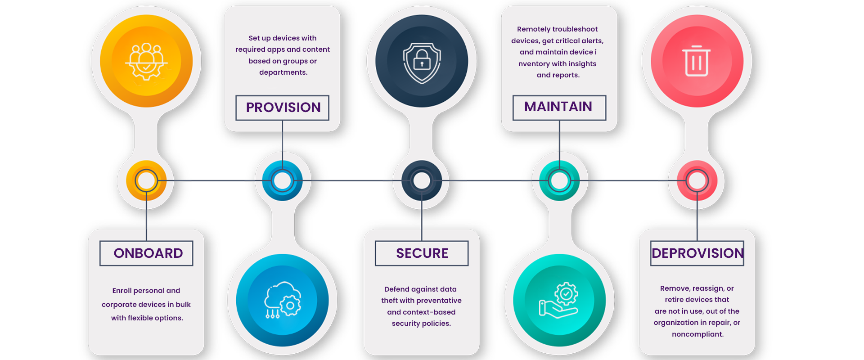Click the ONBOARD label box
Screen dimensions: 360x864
coord(146,253)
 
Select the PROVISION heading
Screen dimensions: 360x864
coord(283,108)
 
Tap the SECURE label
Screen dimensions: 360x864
coord(422,253)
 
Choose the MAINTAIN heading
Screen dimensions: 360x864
coord(559,107)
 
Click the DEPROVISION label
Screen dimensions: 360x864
coord(697,253)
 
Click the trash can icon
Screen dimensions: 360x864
coord(696,61)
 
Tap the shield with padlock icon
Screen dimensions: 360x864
coord(422,63)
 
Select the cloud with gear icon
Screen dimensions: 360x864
coord(283,300)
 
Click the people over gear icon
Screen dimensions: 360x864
coord(146,61)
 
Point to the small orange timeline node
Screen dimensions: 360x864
coord(146,181)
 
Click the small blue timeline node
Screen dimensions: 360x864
coord(283,181)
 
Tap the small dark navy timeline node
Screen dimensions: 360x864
coord(422,181)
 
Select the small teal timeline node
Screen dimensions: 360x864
coord(559,181)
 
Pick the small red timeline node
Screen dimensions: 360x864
coord(697,181)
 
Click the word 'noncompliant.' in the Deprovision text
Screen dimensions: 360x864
coord(697,334)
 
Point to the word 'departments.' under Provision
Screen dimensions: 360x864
coord(283,72)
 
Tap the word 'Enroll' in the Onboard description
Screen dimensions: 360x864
coord(122,291)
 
